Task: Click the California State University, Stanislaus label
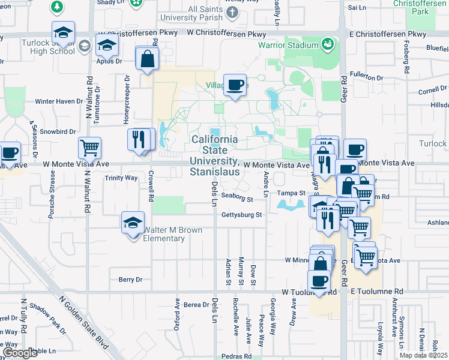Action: (215, 155)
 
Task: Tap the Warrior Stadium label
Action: (288, 46)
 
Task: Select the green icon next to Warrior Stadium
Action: (327, 44)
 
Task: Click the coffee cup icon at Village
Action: (235, 83)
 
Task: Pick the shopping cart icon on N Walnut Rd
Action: (89, 147)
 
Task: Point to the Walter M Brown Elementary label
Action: (156, 235)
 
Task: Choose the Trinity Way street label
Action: (121, 178)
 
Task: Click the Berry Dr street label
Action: (130, 280)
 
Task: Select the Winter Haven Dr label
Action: (58, 101)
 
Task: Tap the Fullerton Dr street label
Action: (366, 78)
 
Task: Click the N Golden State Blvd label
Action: (86, 321)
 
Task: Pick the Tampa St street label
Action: (292, 193)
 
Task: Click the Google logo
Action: (20, 352)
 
